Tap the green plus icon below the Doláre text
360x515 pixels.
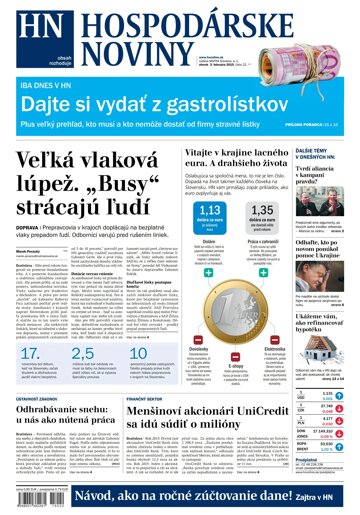click(208, 271)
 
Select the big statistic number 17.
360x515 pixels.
click(31, 356)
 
